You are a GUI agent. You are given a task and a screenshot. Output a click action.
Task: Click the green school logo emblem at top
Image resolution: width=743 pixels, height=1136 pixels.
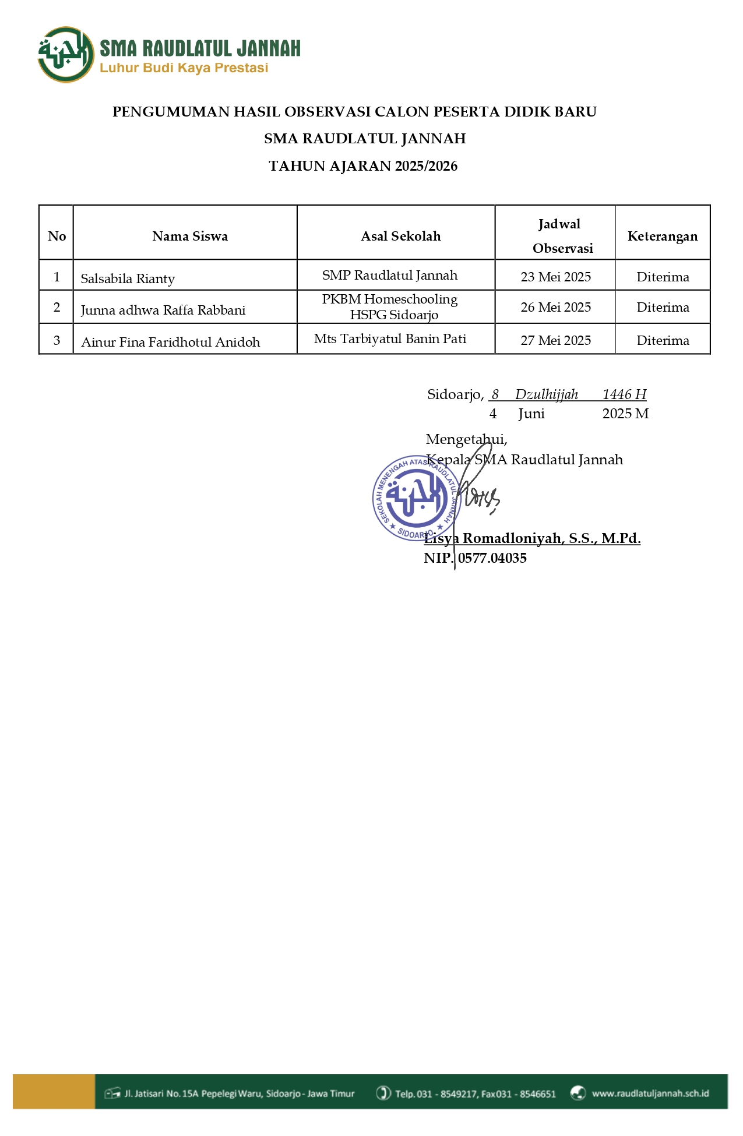point(66,55)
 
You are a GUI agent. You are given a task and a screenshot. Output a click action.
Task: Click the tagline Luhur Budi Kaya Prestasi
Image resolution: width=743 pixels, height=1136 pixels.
point(184,68)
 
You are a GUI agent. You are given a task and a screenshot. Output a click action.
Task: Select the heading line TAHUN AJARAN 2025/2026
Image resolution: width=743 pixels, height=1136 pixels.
point(363,166)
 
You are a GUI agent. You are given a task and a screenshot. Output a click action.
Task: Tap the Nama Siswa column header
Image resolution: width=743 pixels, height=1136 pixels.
point(190,236)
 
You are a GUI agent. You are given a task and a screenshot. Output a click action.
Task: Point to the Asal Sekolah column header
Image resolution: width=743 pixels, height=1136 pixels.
point(400,236)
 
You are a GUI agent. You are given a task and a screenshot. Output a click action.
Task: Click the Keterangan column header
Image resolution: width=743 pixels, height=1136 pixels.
point(662,236)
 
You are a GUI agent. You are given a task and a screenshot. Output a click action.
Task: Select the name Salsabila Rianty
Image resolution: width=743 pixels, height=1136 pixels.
point(128,278)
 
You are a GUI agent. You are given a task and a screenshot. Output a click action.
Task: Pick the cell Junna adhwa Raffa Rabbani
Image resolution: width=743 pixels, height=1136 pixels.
point(163,310)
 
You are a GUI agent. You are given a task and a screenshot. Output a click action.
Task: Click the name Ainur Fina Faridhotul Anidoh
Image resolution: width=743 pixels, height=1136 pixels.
point(170,342)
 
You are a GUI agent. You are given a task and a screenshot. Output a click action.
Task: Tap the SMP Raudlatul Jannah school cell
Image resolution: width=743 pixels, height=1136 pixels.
point(390,275)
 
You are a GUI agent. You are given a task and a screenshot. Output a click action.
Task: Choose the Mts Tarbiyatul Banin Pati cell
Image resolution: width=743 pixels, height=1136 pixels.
point(390,338)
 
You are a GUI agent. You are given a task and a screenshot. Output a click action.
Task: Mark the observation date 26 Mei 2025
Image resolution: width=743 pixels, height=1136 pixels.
point(555,307)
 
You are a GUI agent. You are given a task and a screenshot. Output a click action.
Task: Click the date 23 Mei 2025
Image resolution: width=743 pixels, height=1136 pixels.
point(555,277)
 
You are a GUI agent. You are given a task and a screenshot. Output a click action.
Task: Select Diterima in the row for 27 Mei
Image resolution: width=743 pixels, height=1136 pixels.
point(663,340)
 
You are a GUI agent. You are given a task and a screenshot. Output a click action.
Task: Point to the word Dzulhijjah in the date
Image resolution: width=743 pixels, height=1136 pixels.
point(546,394)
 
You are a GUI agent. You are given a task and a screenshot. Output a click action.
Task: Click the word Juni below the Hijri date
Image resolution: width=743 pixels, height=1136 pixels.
point(531,414)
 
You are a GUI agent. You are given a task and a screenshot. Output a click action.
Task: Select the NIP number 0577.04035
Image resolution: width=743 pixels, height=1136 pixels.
point(492,558)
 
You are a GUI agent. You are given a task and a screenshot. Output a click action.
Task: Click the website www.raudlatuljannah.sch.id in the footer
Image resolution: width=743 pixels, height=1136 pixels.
point(650,1093)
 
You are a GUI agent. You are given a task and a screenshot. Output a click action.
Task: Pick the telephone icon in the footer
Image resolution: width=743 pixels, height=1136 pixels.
point(383,1093)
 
